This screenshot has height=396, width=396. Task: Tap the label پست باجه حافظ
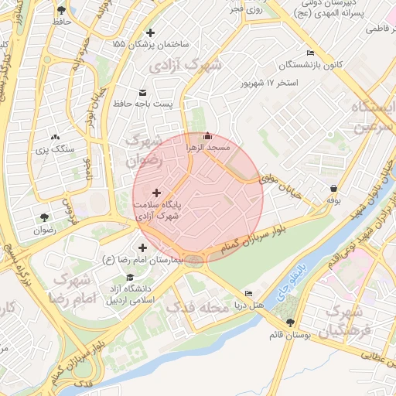(142, 104)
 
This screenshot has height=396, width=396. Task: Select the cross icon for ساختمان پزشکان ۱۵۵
(150, 32)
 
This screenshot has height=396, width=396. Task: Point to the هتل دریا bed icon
(247, 293)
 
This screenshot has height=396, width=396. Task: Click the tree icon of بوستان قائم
(291, 323)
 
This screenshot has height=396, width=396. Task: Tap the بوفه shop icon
(333, 188)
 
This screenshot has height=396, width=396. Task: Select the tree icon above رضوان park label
(44, 217)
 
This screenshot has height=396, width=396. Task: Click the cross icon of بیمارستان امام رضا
(142, 247)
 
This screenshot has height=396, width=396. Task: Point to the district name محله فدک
(199, 308)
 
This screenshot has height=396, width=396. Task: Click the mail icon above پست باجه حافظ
(142, 92)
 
